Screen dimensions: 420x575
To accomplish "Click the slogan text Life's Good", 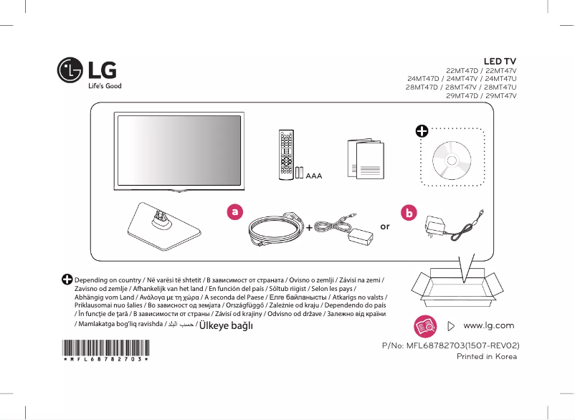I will click(x=104, y=86).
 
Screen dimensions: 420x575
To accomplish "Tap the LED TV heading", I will click(x=500, y=62).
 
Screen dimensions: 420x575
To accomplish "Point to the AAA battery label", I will click(x=313, y=174).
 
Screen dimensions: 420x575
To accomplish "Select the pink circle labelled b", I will click(x=409, y=213).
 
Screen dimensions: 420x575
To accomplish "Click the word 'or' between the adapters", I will click(x=385, y=226).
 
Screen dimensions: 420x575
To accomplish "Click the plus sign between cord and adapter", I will click(x=308, y=228).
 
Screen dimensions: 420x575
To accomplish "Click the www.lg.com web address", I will click(x=489, y=326).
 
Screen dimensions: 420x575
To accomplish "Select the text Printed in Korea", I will click(x=487, y=356).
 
